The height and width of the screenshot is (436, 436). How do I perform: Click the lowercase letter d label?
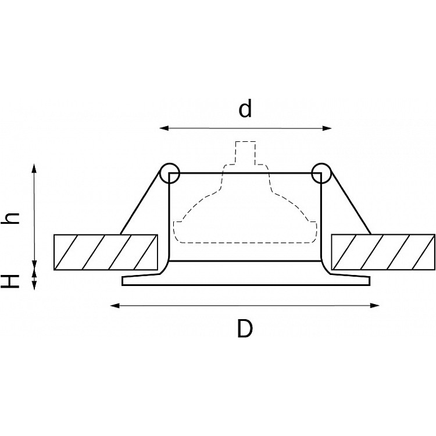[x=245, y=108]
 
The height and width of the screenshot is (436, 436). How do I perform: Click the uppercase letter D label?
[x=245, y=328]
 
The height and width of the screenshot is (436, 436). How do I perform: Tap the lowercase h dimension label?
[x=10, y=218]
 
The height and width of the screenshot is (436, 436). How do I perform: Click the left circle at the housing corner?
[x=160, y=173]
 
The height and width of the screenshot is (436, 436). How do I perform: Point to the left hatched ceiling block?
[x=106, y=252]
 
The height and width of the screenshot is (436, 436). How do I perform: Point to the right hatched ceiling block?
[x=383, y=252]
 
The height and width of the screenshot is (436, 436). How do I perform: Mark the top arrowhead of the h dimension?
[x=34, y=168]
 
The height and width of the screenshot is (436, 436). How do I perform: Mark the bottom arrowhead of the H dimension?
[x=34, y=285]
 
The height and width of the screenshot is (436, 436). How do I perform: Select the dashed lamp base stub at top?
[x=245, y=153]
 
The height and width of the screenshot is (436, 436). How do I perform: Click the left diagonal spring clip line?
[x=141, y=202]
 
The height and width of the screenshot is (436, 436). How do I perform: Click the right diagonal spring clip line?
[x=351, y=202]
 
